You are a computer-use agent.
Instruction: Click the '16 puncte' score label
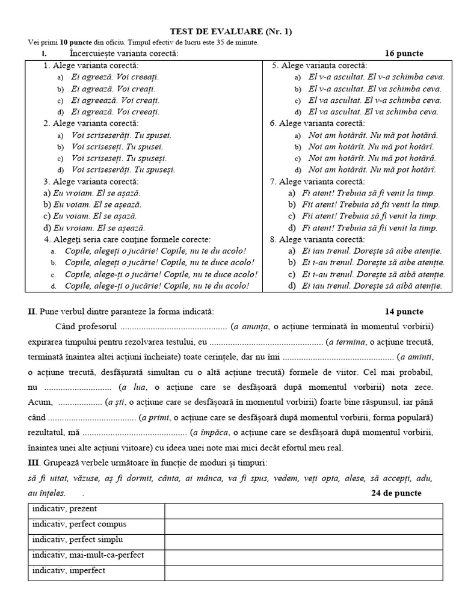coord(404,54)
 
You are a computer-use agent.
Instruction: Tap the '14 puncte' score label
coord(404,312)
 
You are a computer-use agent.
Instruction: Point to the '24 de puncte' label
coord(396,493)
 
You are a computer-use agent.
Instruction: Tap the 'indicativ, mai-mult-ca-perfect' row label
coord(88,555)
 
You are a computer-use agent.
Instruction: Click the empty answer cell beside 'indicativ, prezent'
coord(303,510)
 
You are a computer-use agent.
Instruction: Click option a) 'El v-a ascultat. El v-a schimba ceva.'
coord(376,78)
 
